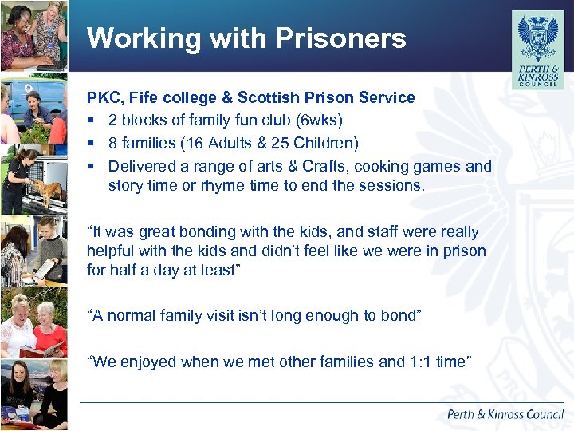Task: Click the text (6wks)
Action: (x=319, y=120)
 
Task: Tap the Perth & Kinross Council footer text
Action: (x=505, y=414)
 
